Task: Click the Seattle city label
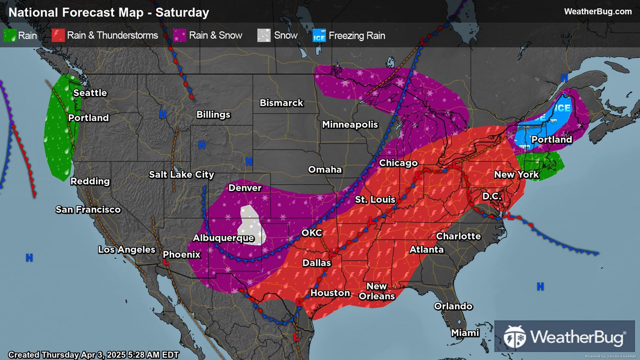(x=90, y=93)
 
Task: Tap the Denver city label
(x=245, y=188)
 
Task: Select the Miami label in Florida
(x=465, y=333)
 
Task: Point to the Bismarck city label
(x=281, y=103)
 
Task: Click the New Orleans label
(x=377, y=291)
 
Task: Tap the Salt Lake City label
(x=181, y=174)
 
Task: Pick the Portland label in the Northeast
(x=551, y=139)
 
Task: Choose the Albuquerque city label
(x=223, y=238)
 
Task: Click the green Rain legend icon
(x=10, y=35)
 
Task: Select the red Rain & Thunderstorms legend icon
(x=58, y=35)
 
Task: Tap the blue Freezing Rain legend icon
(x=319, y=35)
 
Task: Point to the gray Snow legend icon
(x=264, y=35)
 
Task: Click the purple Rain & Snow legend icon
(x=179, y=35)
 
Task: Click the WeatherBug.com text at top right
(x=597, y=12)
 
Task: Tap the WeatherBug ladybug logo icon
(x=514, y=337)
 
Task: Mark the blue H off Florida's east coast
(x=540, y=287)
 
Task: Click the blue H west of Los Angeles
(x=29, y=258)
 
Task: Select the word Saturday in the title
(x=182, y=12)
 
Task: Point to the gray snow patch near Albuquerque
(x=251, y=224)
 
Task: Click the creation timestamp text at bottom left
(x=93, y=355)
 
